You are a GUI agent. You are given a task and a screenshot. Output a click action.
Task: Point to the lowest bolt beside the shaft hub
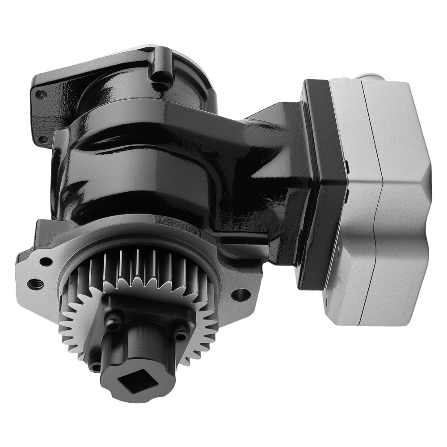pyautogui.click(x=95, y=367)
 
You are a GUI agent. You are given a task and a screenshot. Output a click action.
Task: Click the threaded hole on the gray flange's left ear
pyautogui.click(x=34, y=283)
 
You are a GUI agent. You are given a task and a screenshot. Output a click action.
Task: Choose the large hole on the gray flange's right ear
pyautogui.click(x=240, y=295)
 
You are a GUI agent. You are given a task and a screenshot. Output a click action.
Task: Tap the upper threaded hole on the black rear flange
pyautogui.click(x=42, y=94)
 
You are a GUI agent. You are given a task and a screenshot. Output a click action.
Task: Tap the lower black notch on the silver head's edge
pyautogui.click(x=348, y=193)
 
